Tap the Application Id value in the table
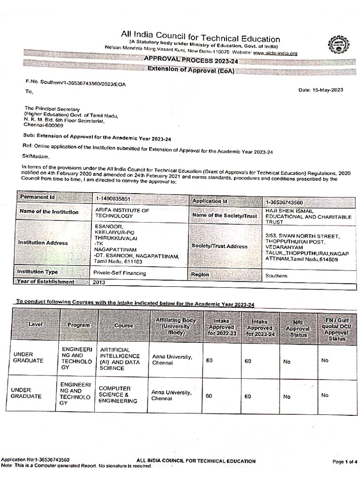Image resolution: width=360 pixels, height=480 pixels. (284, 202)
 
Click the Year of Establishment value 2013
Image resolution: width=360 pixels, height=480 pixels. (99, 283)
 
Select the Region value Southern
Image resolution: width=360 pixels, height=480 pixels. (276, 276)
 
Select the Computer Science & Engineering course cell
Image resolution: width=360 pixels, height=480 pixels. (118, 395)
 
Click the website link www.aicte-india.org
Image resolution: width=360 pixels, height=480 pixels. (275, 53)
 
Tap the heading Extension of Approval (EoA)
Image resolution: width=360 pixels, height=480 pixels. (191, 71)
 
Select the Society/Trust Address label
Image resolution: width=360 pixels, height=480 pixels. (219, 246)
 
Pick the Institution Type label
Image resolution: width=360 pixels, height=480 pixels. (37, 272)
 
